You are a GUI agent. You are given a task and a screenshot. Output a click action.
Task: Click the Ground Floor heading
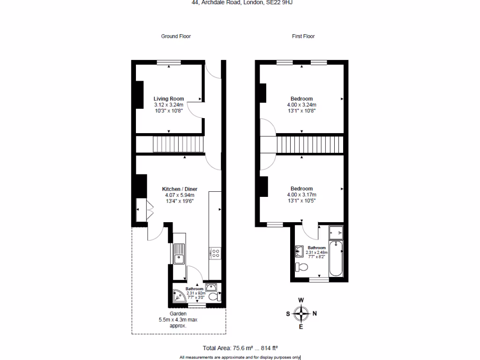tap(176, 36)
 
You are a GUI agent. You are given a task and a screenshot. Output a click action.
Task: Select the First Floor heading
tap(303, 36)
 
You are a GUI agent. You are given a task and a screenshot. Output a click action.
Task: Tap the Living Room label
tap(169, 99)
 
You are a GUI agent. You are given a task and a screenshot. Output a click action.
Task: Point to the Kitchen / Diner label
tap(179, 189)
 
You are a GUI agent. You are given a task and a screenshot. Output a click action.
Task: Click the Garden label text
tap(178, 314)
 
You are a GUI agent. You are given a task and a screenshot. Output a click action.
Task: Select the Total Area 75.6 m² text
tap(228, 348)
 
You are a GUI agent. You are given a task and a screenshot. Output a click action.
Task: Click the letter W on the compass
tap(301, 300)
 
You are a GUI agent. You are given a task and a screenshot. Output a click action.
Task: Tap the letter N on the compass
tap(315, 314)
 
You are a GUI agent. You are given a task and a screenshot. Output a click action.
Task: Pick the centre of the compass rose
tap(301, 314)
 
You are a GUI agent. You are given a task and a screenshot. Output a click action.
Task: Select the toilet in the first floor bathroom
tap(302, 267)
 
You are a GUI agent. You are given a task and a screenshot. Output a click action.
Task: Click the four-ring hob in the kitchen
tap(215, 253)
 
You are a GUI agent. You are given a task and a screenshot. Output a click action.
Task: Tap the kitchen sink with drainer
tap(179, 254)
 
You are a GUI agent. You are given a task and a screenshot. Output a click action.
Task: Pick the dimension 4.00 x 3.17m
tap(301, 195)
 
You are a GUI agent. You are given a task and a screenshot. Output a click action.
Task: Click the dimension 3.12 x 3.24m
tap(169, 105)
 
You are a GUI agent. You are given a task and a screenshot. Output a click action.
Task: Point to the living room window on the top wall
tap(169, 62)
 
